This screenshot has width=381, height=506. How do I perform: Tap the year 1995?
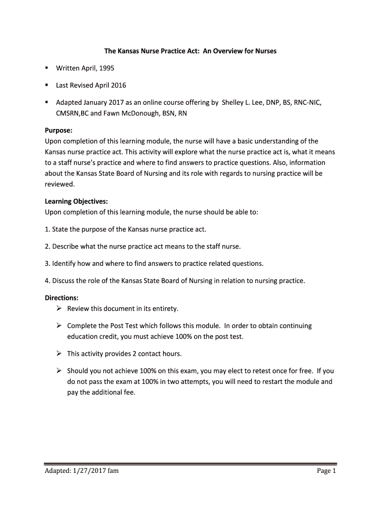click(106, 68)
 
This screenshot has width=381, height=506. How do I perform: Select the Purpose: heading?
click(59, 130)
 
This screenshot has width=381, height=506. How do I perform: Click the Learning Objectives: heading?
click(76, 202)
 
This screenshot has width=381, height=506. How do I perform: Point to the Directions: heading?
click(62, 298)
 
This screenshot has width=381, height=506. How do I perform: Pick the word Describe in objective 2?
click(67, 246)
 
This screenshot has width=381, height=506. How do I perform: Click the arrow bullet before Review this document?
click(58, 309)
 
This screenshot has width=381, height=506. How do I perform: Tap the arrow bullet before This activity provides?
click(58, 354)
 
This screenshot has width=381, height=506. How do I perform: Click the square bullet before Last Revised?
click(47, 85)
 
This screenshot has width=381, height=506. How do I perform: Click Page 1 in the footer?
click(327, 471)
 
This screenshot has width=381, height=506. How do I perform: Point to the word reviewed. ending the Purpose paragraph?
click(60, 184)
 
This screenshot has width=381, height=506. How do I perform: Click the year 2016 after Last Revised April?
click(118, 85)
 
